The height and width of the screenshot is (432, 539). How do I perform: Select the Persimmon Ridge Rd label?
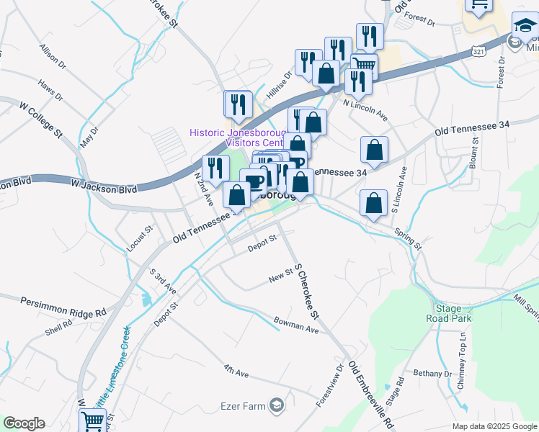[x=63, y=307]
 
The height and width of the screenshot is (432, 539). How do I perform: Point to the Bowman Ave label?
[x=295, y=325]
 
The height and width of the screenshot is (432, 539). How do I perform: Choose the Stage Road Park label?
[x=448, y=312]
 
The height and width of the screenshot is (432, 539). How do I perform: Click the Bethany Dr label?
[x=432, y=373]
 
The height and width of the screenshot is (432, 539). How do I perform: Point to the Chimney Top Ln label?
[x=462, y=360]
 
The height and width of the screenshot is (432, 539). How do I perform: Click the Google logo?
[x=24, y=423]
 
